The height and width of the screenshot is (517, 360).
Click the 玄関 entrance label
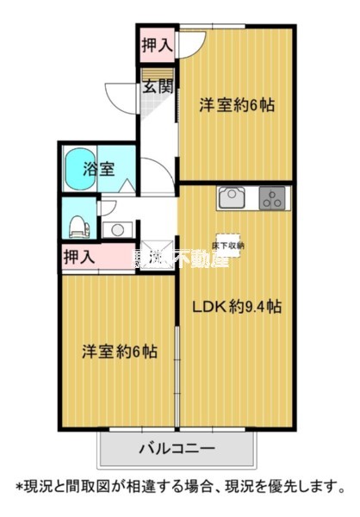click(158, 86)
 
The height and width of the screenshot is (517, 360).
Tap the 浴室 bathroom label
click(98, 168)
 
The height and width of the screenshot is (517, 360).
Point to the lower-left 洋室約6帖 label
click(119, 352)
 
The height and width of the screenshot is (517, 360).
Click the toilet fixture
click(78, 223)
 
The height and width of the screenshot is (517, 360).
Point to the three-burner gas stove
click(275, 199)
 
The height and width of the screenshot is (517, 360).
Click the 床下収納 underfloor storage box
click(230, 244)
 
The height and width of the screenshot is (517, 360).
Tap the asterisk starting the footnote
click(19, 488)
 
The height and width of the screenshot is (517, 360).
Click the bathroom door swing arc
click(153, 171)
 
